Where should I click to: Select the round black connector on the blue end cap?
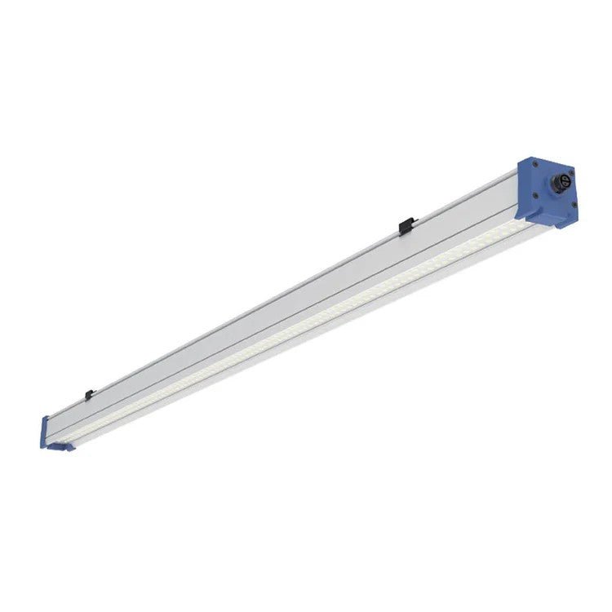pos(564,179)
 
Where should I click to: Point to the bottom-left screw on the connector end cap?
pos(532,196)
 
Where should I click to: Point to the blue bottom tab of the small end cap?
pos(62,446)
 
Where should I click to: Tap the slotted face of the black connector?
pos(565,176)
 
